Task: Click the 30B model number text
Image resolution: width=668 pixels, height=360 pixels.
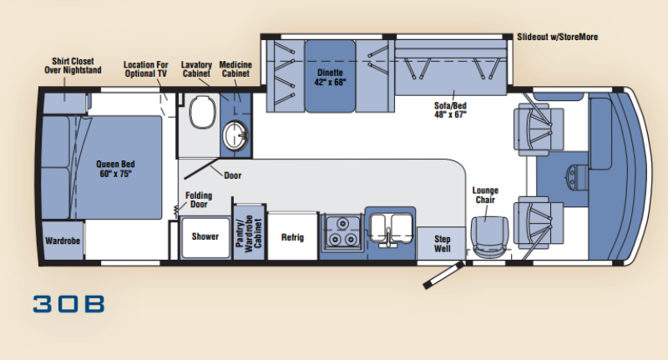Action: point(69,303)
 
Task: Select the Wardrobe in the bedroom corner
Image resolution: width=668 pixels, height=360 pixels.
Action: point(62,241)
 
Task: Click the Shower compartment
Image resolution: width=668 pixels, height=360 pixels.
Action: point(205,236)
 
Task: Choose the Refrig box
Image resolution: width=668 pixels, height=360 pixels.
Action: point(292,237)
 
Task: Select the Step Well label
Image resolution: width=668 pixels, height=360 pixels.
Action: point(442,243)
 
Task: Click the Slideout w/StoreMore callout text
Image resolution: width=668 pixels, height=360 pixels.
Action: point(557,37)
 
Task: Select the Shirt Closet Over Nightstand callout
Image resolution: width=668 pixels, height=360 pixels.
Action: point(72,66)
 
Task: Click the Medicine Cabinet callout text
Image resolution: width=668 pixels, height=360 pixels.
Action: point(236,69)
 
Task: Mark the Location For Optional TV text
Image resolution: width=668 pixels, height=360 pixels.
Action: point(146,69)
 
